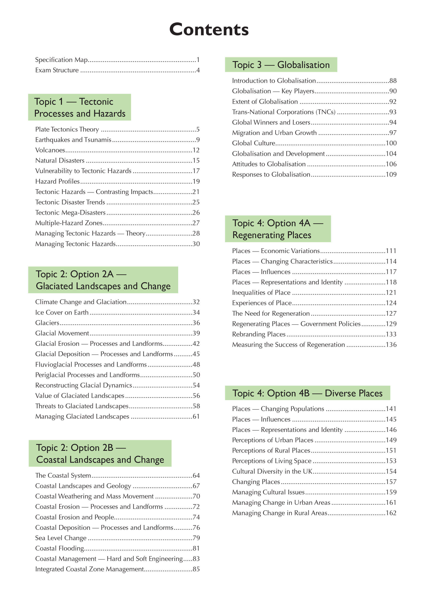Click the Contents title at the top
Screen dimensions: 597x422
point(209,29)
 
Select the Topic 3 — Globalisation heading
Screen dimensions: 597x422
point(281,65)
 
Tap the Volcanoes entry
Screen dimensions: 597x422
point(50,150)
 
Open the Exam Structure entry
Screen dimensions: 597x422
point(57,70)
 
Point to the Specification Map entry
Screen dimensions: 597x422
point(61,60)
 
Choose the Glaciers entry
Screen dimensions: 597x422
point(47,323)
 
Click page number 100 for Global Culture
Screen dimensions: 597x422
point(391,143)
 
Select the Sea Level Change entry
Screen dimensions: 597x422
point(61,538)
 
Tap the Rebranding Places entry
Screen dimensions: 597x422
point(259,334)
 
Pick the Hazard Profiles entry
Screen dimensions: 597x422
point(57,181)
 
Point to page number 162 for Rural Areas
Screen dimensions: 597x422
point(391,513)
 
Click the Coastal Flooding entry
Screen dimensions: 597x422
point(60,548)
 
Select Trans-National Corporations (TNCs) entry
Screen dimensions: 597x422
point(284,112)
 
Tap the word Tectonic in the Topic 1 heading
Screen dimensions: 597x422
point(96,102)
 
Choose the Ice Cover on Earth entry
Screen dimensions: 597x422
point(62,313)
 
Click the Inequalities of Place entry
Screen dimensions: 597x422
point(261,293)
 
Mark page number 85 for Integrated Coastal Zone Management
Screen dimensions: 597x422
point(196,569)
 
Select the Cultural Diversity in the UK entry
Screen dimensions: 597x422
point(272,471)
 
